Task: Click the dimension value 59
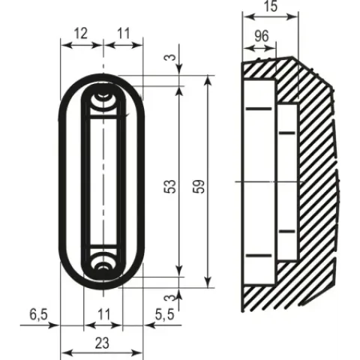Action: tap(199, 187)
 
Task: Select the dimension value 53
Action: tap(170, 187)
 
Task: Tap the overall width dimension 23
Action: tap(102, 343)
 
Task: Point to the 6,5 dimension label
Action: tap(38, 314)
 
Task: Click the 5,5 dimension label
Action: tap(164, 314)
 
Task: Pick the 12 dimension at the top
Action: tap(81, 33)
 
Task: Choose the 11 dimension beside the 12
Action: tap(124, 33)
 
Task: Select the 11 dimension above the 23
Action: tap(103, 314)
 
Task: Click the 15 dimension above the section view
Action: tap(271, 6)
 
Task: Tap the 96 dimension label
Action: tap(262, 36)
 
